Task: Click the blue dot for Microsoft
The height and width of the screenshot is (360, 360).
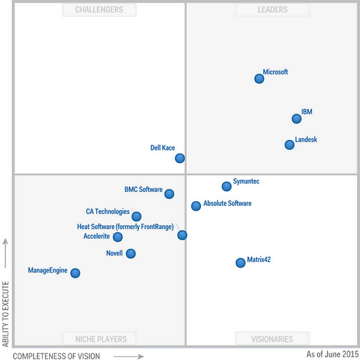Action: point(259,79)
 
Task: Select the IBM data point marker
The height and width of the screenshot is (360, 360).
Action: point(296,119)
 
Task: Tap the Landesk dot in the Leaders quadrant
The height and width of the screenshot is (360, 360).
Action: point(290,145)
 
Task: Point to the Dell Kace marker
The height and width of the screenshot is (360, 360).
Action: point(180,158)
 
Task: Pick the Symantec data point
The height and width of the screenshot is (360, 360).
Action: point(226,187)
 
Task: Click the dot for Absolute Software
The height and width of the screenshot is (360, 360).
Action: point(196,206)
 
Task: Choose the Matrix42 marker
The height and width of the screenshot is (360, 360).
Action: point(241,262)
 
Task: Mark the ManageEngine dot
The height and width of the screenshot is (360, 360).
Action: point(75,273)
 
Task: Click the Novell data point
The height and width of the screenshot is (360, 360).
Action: point(131,254)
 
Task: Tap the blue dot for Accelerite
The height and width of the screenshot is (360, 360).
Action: point(118,237)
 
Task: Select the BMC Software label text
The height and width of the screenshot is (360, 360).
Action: point(143,190)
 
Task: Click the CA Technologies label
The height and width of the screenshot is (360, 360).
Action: point(107,212)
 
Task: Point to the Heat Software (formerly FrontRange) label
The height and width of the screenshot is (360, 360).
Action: point(125,227)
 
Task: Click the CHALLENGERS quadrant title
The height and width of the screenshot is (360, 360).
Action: point(99,10)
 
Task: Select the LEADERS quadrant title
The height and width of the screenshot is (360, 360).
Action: point(272,10)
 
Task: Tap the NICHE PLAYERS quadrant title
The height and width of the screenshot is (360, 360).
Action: point(99,339)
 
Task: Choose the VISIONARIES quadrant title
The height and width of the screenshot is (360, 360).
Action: point(272,339)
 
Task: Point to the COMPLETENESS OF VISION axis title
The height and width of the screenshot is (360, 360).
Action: point(56,356)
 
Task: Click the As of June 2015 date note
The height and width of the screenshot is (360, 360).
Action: point(332,355)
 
